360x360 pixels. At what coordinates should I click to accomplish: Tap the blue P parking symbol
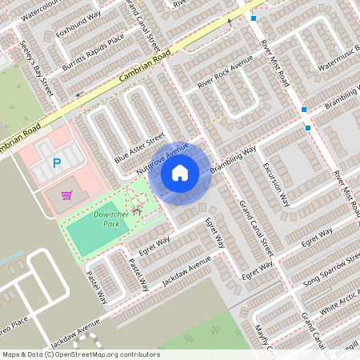pos(56,163)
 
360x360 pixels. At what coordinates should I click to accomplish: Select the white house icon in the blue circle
pos(180,172)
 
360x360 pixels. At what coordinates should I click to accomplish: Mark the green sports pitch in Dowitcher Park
pos(93,228)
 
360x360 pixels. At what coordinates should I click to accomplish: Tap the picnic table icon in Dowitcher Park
pos(137,211)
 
